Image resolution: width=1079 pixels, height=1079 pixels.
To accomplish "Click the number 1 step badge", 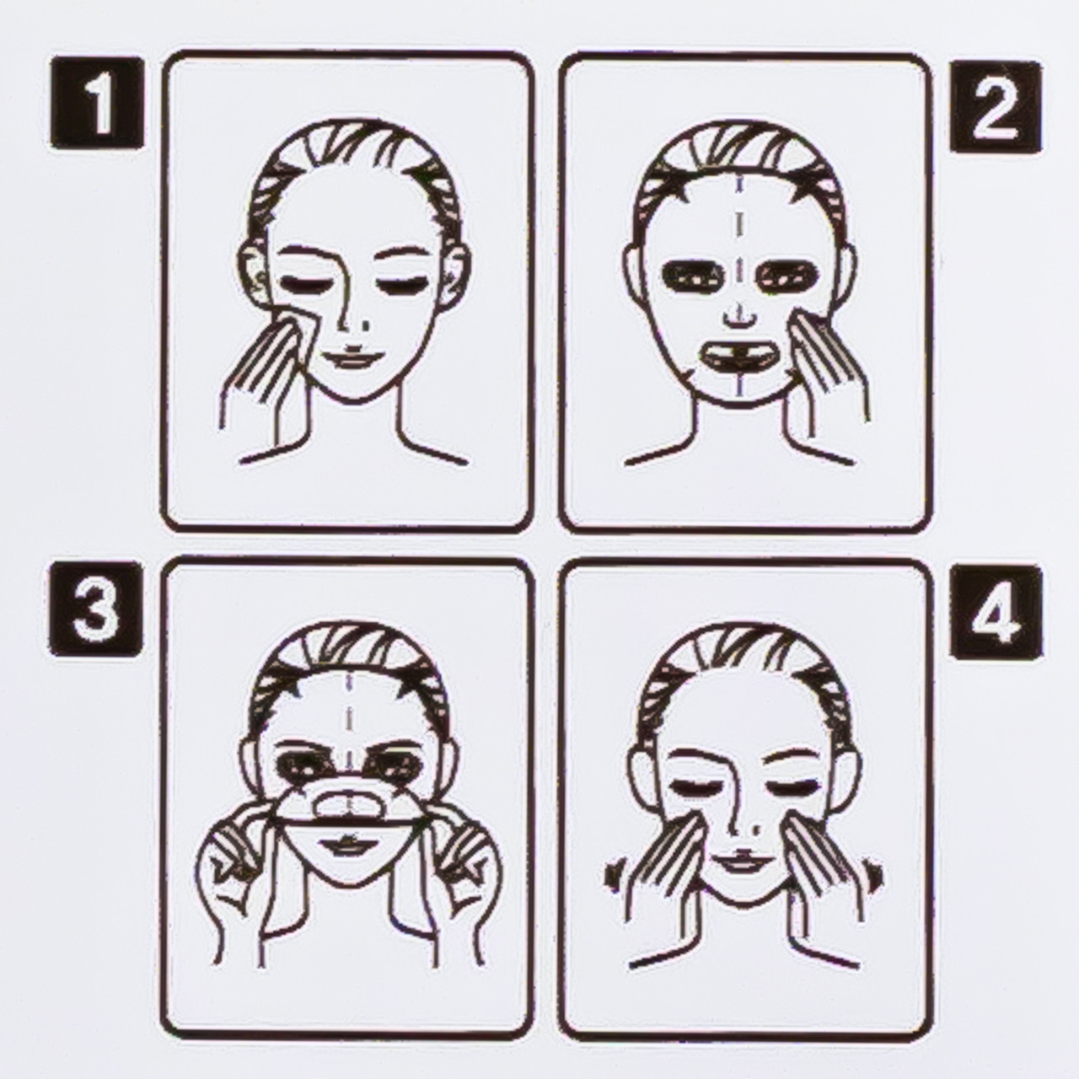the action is (x=97, y=103).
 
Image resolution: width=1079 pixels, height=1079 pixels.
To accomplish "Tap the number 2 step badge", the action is (x=996, y=106).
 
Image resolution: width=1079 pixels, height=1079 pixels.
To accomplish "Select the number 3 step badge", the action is (x=96, y=609).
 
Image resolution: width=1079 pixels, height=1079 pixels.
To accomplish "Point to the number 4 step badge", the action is (x=996, y=611).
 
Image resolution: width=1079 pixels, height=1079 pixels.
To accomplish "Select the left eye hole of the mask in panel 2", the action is (x=691, y=276).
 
